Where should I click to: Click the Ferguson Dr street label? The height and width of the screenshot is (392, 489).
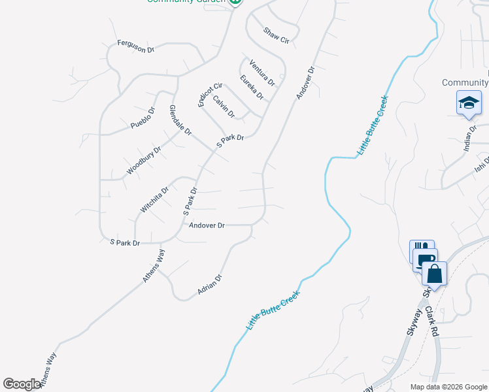[x=135, y=46]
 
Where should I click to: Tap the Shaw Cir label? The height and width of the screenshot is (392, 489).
[x=276, y=35]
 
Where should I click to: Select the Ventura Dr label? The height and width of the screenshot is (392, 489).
[x=262, y=73]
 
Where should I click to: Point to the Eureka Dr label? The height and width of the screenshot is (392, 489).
[x=252, y=88]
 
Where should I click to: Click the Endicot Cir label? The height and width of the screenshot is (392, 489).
[x=210, y=94]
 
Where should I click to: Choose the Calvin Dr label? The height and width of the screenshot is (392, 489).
[x=224, y=106]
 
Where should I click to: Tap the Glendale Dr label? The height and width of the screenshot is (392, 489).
[x=180, y=120]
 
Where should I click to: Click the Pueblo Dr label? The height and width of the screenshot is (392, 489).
[x=142, y=117]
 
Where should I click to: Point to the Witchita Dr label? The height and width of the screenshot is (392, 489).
[x=154, y=199]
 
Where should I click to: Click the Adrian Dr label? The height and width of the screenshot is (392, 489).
[x=210, y=284]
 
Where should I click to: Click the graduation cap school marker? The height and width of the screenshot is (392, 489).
[x=469, y=103]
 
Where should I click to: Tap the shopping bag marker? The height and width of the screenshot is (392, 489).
[x=434, y=274]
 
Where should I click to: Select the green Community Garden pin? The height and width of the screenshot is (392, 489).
[x=235, y=2]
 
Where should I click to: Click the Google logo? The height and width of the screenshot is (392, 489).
[x=22, y=384]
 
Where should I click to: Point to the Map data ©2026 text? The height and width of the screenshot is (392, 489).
[x=448, y=387]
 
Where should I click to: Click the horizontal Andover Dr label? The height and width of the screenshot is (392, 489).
[x=207, y=225]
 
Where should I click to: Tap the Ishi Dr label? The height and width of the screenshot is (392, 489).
[x=481, y=171]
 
